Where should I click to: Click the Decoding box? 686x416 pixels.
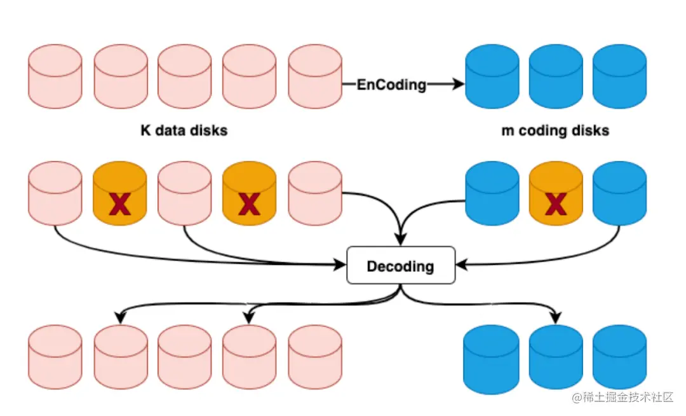401,265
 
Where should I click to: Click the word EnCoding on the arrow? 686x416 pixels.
391,84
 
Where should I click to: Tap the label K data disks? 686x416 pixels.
184,131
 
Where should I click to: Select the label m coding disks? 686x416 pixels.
555,131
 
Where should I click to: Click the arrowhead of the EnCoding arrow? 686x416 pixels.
459,84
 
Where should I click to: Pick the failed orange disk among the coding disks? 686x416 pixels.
556,193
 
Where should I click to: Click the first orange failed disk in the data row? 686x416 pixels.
121,193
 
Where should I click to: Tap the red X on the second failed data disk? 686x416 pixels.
249,204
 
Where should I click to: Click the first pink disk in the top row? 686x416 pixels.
55,76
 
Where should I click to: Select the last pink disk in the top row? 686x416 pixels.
315,76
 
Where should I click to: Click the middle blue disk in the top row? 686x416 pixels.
556,76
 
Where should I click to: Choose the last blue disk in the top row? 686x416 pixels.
620,76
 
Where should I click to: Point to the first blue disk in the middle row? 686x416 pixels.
492,193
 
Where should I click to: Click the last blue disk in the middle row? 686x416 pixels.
620,193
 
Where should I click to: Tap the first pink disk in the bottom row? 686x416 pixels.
55,356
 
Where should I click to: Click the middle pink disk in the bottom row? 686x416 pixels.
184,356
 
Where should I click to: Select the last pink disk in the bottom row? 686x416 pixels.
315,356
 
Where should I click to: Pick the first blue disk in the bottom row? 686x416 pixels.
492,356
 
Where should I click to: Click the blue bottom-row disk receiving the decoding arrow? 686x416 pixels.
556,356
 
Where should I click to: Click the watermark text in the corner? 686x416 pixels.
622,398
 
